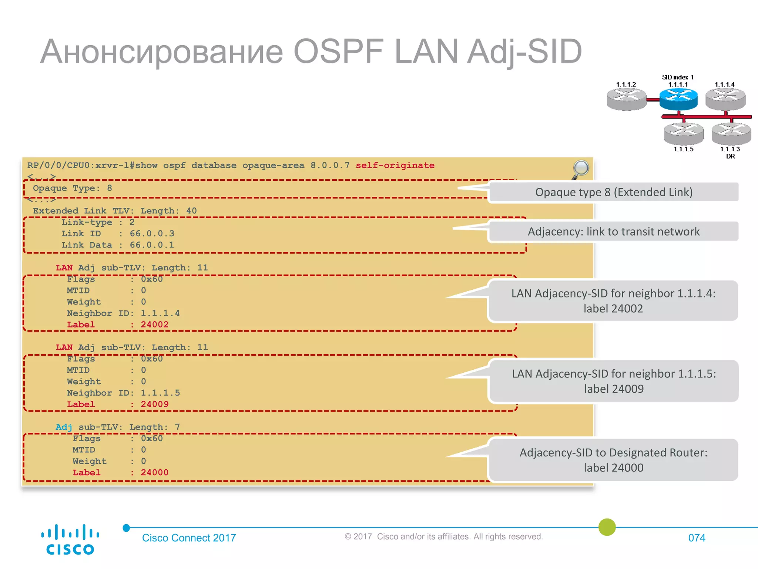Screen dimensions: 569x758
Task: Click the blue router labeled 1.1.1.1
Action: (678, 99)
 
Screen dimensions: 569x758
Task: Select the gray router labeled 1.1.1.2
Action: (626, 99)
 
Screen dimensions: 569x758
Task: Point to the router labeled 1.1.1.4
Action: (725, 99)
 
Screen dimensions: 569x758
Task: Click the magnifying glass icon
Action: (580, 169)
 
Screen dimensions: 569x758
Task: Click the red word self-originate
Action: (395, 165)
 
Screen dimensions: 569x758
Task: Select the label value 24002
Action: (154, 325)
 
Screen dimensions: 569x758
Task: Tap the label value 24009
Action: (154, 404)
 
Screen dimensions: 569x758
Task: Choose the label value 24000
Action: (154, 472)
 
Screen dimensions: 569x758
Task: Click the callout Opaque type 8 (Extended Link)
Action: (614, 192)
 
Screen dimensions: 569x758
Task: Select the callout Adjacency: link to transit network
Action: (614, 232)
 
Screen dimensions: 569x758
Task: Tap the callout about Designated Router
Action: (614, 460)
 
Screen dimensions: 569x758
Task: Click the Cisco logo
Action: (70, 540)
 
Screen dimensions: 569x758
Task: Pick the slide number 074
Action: (697, 538)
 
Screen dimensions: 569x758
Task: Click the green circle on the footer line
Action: (607, 527)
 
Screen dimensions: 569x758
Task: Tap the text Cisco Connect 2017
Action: (189, 538)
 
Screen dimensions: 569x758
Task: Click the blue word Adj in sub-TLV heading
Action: (64, 427)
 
